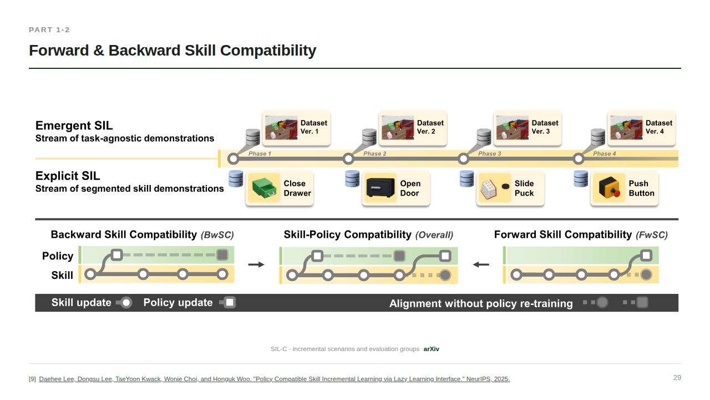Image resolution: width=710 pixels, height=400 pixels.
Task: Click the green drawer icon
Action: [x=263, y=188]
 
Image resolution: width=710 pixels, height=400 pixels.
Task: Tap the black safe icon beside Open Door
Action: [x=381, y=188]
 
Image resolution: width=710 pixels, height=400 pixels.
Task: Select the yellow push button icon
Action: [x=609, y=188]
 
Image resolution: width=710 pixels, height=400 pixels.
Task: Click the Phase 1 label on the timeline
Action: [x=260, y=154]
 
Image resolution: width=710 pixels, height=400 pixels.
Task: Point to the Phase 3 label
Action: [x=489, y=154]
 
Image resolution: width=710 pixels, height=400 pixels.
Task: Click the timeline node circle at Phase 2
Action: [x=348, y=159]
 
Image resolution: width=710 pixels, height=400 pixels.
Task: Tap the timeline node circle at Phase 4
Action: [x=579, y=159]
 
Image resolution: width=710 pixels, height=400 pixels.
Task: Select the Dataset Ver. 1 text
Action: [x=313, y=127]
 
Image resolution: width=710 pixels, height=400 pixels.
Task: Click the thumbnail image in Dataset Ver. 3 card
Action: [x=512, y=128]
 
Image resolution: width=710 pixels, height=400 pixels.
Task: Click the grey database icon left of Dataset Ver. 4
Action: [x=598, y=137]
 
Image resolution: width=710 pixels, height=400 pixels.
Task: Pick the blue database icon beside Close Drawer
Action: [x=236, y=179]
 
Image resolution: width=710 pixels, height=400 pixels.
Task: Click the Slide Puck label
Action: [x=524, y=188]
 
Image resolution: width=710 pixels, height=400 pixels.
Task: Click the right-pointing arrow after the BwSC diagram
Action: [x=256, y=264]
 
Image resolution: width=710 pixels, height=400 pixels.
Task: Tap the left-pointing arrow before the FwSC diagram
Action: [x=481, y=264]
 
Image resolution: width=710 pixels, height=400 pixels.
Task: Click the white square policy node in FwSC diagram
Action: [x=646, y=256]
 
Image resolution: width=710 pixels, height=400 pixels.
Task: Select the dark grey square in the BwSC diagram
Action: [x=222, y=255]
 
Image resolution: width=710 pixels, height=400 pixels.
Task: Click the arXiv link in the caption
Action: [x=432, y=349]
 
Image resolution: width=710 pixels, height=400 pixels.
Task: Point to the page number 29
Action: [x=677, y=377]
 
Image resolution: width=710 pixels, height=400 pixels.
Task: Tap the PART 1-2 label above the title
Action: [x=49, y=30]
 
